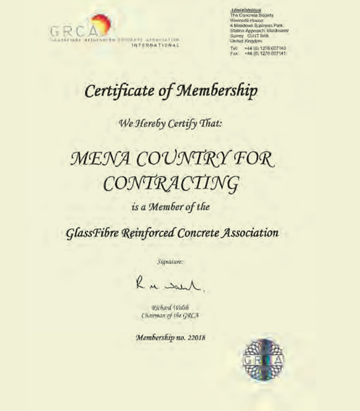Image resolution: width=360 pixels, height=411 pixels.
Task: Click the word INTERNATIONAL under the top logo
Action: (x=156, y=45)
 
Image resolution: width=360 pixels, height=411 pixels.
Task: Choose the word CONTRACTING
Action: (x=172, y=183)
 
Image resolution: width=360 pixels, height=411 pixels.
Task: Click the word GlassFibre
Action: (x=91, y=233)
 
